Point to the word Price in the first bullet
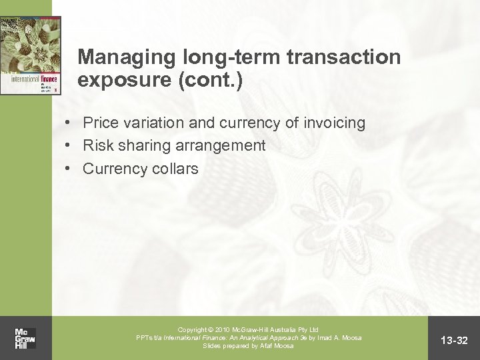(x=99, y=123)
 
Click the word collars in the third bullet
(x=175, y=169)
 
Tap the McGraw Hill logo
(x=25, y=338)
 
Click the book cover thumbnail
(x=31, y=54)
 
